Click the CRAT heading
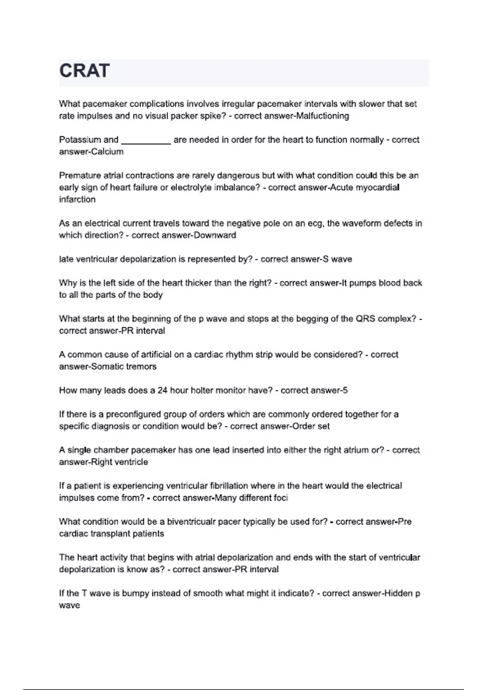pyautogui.click(x=84, y=71)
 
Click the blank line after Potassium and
pyautogui.click(x=146, y=140)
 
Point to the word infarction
pyautogui.click(x=77, y=200)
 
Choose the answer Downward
pyautogui.click(x=215, y=235)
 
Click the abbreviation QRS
pyautogui.click(x=365, y=319)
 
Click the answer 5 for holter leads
pyautogui.click(x=345, y=390)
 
